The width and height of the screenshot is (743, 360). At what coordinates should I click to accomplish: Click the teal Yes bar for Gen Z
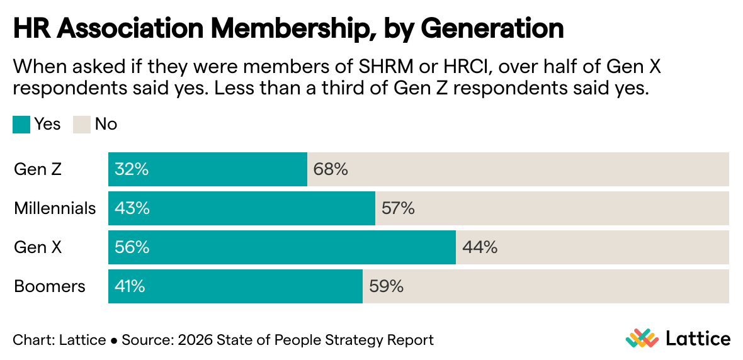208,169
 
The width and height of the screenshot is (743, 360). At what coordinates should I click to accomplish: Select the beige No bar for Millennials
552,208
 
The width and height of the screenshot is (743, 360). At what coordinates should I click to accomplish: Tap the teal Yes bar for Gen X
281,247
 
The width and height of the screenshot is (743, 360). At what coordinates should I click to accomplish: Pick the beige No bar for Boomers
546,286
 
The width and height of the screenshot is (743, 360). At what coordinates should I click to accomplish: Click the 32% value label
132,169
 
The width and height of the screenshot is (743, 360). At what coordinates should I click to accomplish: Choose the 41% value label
130,286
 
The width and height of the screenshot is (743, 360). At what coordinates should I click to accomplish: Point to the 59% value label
386,286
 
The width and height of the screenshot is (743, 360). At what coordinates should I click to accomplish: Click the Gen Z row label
38,169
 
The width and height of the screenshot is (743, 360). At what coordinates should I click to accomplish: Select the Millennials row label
55,208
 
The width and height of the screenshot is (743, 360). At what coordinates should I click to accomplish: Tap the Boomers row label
50,286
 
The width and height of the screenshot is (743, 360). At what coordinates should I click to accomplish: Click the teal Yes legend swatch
21,125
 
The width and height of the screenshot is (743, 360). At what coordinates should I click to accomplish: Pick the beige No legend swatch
82,125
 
